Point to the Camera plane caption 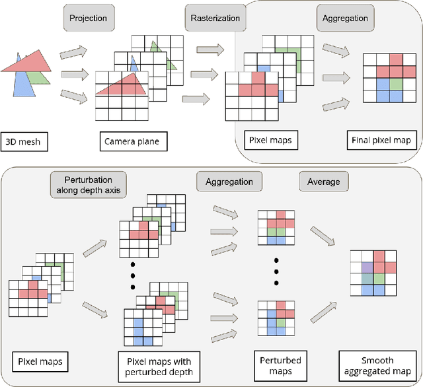(131, 141)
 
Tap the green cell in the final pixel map (395, 85)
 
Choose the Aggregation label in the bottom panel (229, 181)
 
